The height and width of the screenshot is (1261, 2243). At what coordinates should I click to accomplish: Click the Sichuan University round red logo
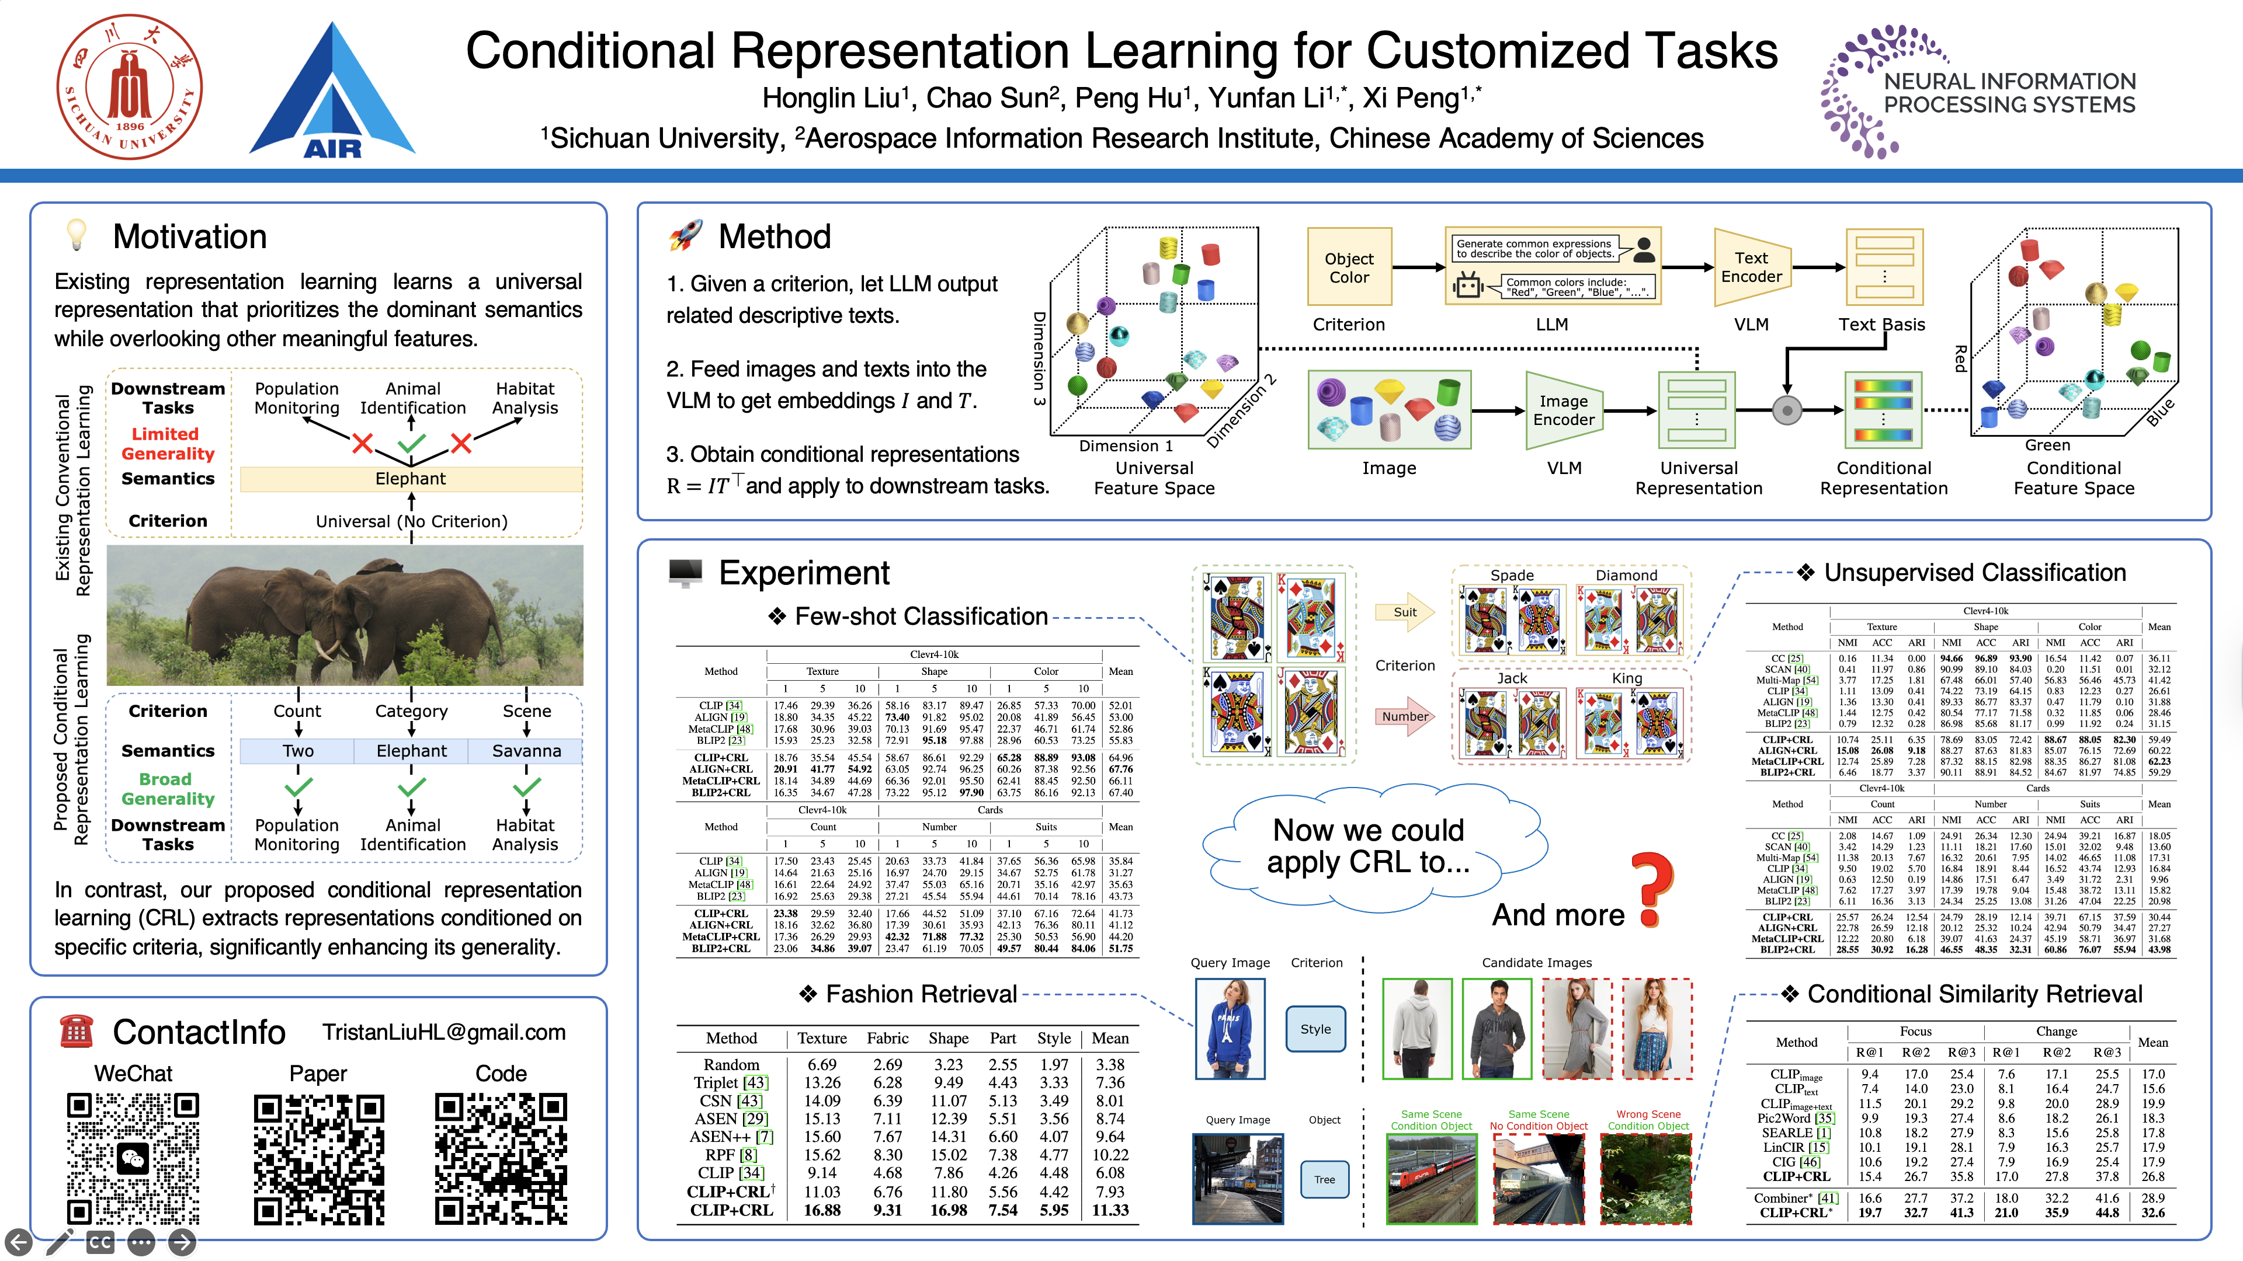[130, 87]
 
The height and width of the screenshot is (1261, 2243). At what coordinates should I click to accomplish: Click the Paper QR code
[319, 1158]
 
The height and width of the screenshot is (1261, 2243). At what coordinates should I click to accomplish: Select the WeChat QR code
[133, 1158]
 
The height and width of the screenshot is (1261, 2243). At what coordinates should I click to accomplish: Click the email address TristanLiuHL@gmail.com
[444, 1032]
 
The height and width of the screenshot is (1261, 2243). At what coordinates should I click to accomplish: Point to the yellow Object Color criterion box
[1349, 267]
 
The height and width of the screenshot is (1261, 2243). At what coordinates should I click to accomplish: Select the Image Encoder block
[1564, 410]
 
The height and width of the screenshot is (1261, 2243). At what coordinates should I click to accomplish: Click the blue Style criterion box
[1315, 1029]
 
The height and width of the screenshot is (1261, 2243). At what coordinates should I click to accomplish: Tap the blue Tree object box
[1324, 1179]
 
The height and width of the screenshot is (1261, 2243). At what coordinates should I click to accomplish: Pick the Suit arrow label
[1404, 612]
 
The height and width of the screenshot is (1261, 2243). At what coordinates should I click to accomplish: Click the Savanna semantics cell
[526, 750]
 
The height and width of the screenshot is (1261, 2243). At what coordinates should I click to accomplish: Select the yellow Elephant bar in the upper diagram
[410, 479]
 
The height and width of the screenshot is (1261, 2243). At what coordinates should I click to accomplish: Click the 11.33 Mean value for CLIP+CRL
[1110, 1210]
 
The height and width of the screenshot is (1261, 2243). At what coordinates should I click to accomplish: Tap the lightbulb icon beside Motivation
[78, 235]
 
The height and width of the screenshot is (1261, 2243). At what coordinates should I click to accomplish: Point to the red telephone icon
[76, 1031]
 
